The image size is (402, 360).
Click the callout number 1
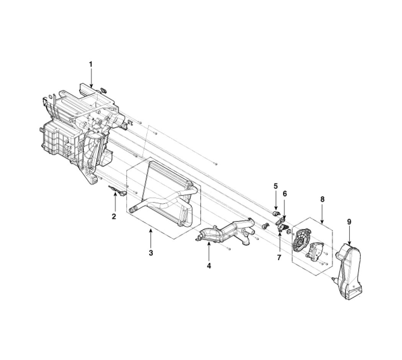[90, 64]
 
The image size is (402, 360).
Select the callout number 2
[114, 216]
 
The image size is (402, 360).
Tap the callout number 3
[151, 252]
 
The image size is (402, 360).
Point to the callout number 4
[209, 266]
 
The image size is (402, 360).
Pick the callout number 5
[276, 186]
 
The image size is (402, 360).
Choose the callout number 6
[285, 193]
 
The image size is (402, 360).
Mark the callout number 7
[279, 257]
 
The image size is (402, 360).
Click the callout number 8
[322, 199]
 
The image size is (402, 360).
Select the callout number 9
[349, 221]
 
